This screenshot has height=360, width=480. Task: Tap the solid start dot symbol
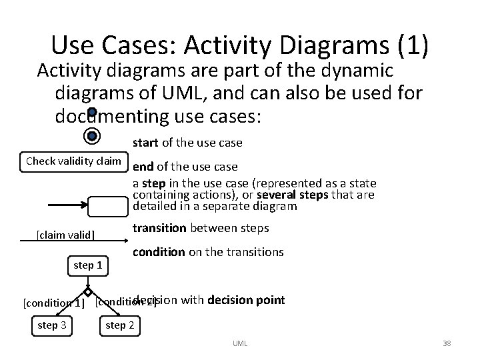coord(92,113)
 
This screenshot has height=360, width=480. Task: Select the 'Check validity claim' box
coord(73,161)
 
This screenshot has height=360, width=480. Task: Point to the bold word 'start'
coord(145,143)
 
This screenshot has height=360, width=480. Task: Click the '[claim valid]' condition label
coord(65,235)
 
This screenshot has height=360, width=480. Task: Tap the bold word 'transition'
coord(159,228)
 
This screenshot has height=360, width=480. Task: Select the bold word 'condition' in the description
coord(159,252)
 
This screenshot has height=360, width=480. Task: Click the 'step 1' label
coord(87,265)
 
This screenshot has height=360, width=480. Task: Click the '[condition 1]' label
coord(54,303)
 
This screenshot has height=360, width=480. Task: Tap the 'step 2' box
coord(120,325)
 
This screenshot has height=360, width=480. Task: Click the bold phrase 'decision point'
coord(246,300)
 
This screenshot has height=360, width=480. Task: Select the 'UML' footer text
coord(240,343)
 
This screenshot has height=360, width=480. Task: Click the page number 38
coord(446,343)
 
